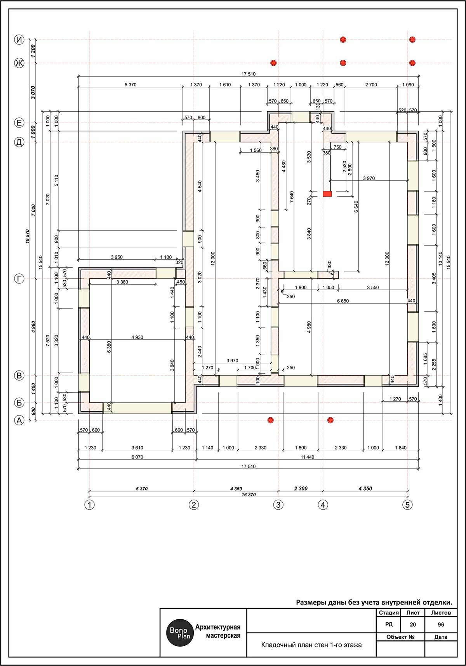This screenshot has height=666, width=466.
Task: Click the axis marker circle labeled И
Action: pyautogui.click(x=19, y=40)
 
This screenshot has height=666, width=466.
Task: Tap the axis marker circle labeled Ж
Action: pyautogui.click(x=19, y=63)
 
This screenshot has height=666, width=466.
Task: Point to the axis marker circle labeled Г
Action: pyautogui.click(x=19, y=279)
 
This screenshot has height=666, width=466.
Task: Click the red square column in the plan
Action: pyautogui.click(x=327, y=194)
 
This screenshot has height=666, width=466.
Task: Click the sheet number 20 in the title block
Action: pyautogui.click(x=412, y=625)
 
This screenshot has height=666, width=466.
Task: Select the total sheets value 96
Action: pyautogui.click(x=441, y=625)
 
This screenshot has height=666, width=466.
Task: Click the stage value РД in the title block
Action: pyautogui.click(x=389, y=624)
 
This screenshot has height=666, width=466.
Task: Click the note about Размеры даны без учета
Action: pyautogui.click(x=374, y=603)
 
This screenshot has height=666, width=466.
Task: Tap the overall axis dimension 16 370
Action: pyautogui.click(x=248, y=495)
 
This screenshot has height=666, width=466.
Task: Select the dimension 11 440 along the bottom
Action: pyautogui.click(x=307, y=457)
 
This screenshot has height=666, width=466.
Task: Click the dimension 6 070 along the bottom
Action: pyautogui.click(x=137, y=457)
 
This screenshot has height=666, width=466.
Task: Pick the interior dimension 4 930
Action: pyautogui.click(x=137, y=337)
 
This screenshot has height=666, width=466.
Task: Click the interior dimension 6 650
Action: pyautogui.click(x=343, y=301)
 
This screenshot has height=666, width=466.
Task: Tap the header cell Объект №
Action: pyautogui.click(x=400, y=637)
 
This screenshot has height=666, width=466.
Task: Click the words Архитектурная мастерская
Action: pyautogui.click(x=218, y=631)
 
